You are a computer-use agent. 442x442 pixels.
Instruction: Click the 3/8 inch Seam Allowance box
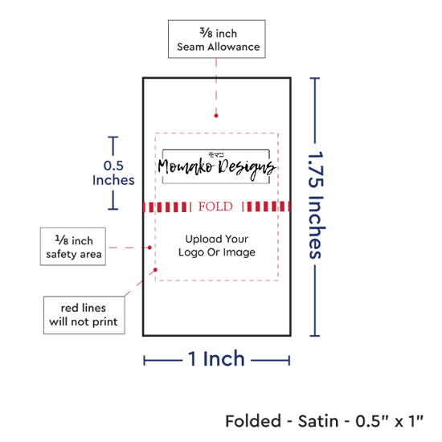(216, 39)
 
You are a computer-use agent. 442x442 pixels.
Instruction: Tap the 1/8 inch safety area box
(73, 247)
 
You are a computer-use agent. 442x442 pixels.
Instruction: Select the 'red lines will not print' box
(84, 315)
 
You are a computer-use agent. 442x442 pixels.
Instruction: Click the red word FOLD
(215, 207)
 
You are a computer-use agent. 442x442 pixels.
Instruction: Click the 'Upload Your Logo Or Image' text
(217, 246)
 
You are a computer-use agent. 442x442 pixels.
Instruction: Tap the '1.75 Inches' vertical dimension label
(316, 205)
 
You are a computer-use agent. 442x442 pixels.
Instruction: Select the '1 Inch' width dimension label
(216, 359)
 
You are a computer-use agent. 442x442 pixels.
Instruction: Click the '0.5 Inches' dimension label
(113, 173)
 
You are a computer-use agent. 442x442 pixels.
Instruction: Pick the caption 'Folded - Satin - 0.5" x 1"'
(324, 421)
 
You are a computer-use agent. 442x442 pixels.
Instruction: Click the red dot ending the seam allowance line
(216, 116)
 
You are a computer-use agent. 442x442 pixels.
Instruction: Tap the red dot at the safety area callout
(149, 248)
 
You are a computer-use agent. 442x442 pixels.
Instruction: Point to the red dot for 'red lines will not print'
(155, 270)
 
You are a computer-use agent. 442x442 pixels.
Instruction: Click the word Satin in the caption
(318, 421)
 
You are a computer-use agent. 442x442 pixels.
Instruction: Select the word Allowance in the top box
(234, 47)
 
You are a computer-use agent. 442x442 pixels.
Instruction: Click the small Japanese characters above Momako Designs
(216, 154)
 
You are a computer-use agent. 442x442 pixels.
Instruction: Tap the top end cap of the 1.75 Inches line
(315, 78)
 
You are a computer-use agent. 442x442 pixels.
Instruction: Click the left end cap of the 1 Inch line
(144, 361)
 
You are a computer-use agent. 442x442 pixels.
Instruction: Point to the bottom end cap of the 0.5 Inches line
(113, 209)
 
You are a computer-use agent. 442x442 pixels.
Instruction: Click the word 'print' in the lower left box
(105, 322)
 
